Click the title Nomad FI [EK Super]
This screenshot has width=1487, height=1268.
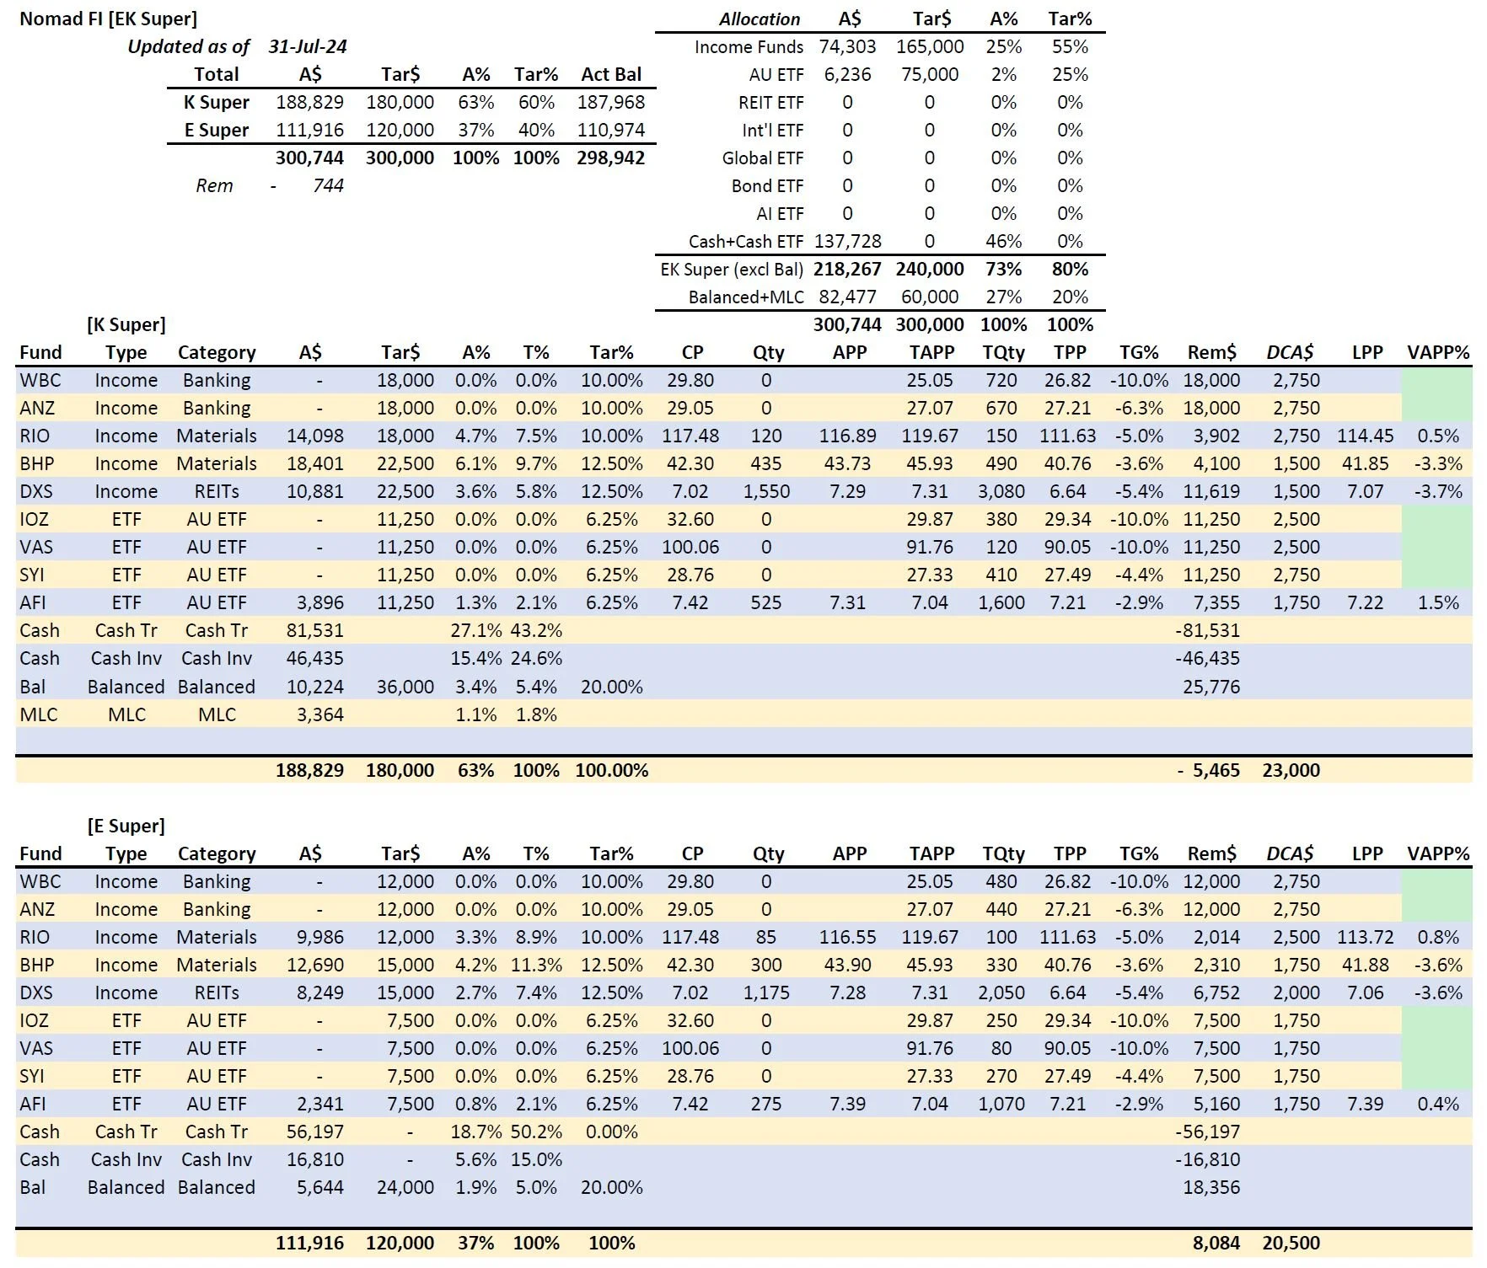pos(108,19)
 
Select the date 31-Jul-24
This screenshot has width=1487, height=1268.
pos(308,46)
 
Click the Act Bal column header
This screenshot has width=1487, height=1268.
pos(611,74)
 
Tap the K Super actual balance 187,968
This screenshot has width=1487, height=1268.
pos(611,102)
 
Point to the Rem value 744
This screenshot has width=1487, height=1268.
pos(328,185)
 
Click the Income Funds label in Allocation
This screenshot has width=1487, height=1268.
pos(749,46)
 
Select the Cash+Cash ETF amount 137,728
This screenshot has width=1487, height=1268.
pos(847,241)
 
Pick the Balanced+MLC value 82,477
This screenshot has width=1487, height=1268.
pos(847,297)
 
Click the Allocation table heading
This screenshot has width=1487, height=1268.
pos(759,19)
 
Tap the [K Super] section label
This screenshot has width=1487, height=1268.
pos(126,324)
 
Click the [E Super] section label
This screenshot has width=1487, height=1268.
pos(126,826)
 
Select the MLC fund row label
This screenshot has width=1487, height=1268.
pos(39,714)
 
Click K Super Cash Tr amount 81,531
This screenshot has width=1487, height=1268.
pos(314,630)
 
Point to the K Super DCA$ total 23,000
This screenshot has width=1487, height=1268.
pos(1291,770)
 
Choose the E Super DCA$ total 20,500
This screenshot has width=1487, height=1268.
pos(1291,1243)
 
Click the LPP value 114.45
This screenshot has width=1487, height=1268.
pos(1365,436)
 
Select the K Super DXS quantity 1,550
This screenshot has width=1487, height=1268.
pos(766,491)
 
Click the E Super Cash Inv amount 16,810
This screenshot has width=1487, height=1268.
pos(314,1159)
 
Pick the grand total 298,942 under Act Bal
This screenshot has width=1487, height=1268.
pos(610,158)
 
